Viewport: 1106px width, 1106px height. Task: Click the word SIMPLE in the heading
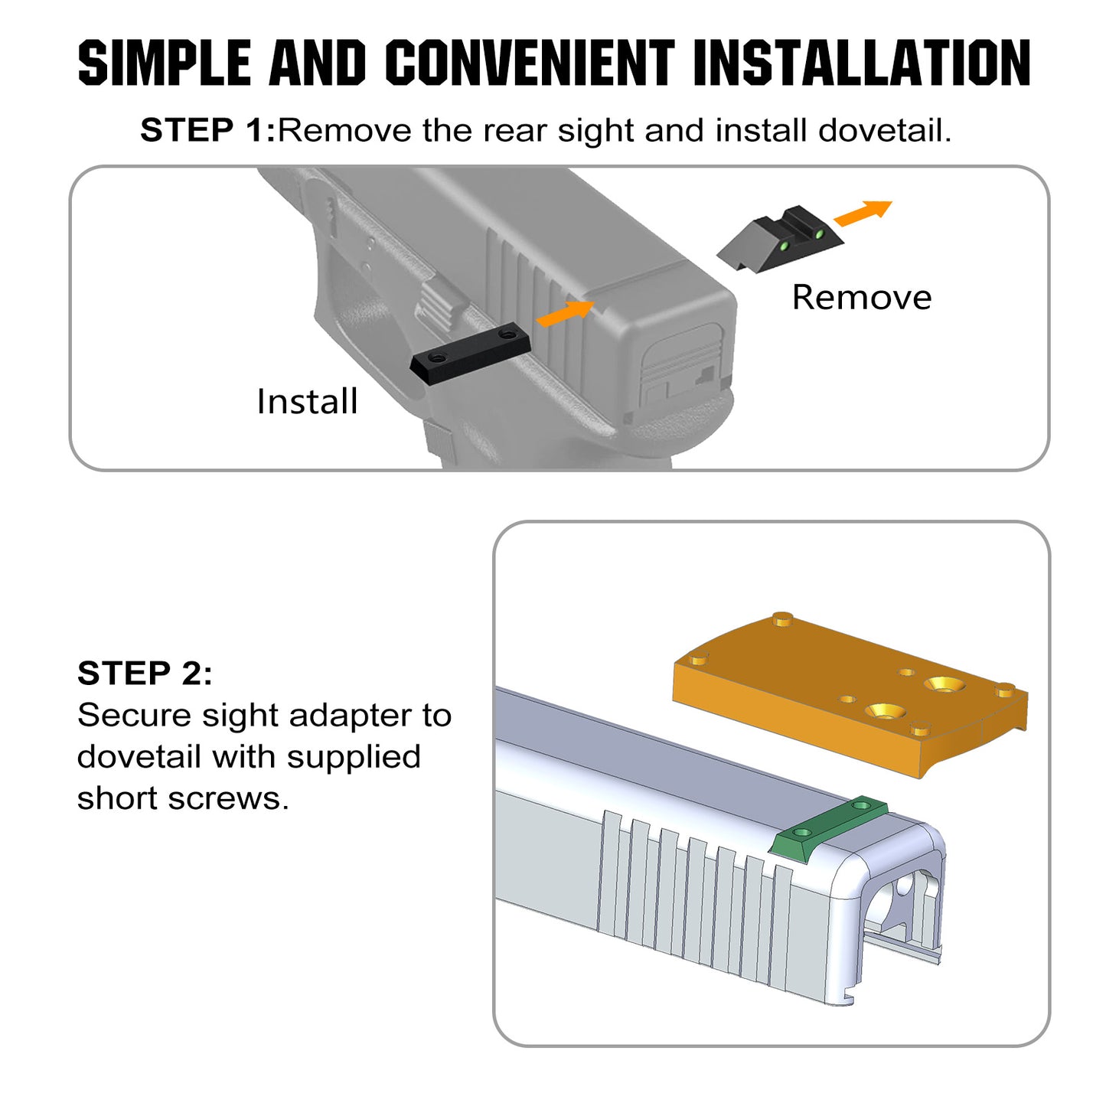[x=164, y=63]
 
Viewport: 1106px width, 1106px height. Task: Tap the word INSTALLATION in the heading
[x=862, y=63]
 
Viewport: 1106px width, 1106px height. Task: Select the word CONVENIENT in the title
[x=530, y=63]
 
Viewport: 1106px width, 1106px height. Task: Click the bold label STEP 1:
[x=207, y=131]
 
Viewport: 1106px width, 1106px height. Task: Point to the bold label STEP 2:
[x=145, y=674]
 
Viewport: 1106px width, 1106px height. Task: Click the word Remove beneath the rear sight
[x=861, y=297]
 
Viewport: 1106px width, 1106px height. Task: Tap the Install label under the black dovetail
[x=307, y=401]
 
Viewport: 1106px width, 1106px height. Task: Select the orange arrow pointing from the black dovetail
[x=565, y=313]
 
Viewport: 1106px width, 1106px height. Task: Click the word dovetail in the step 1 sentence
[x=884, y=131]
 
